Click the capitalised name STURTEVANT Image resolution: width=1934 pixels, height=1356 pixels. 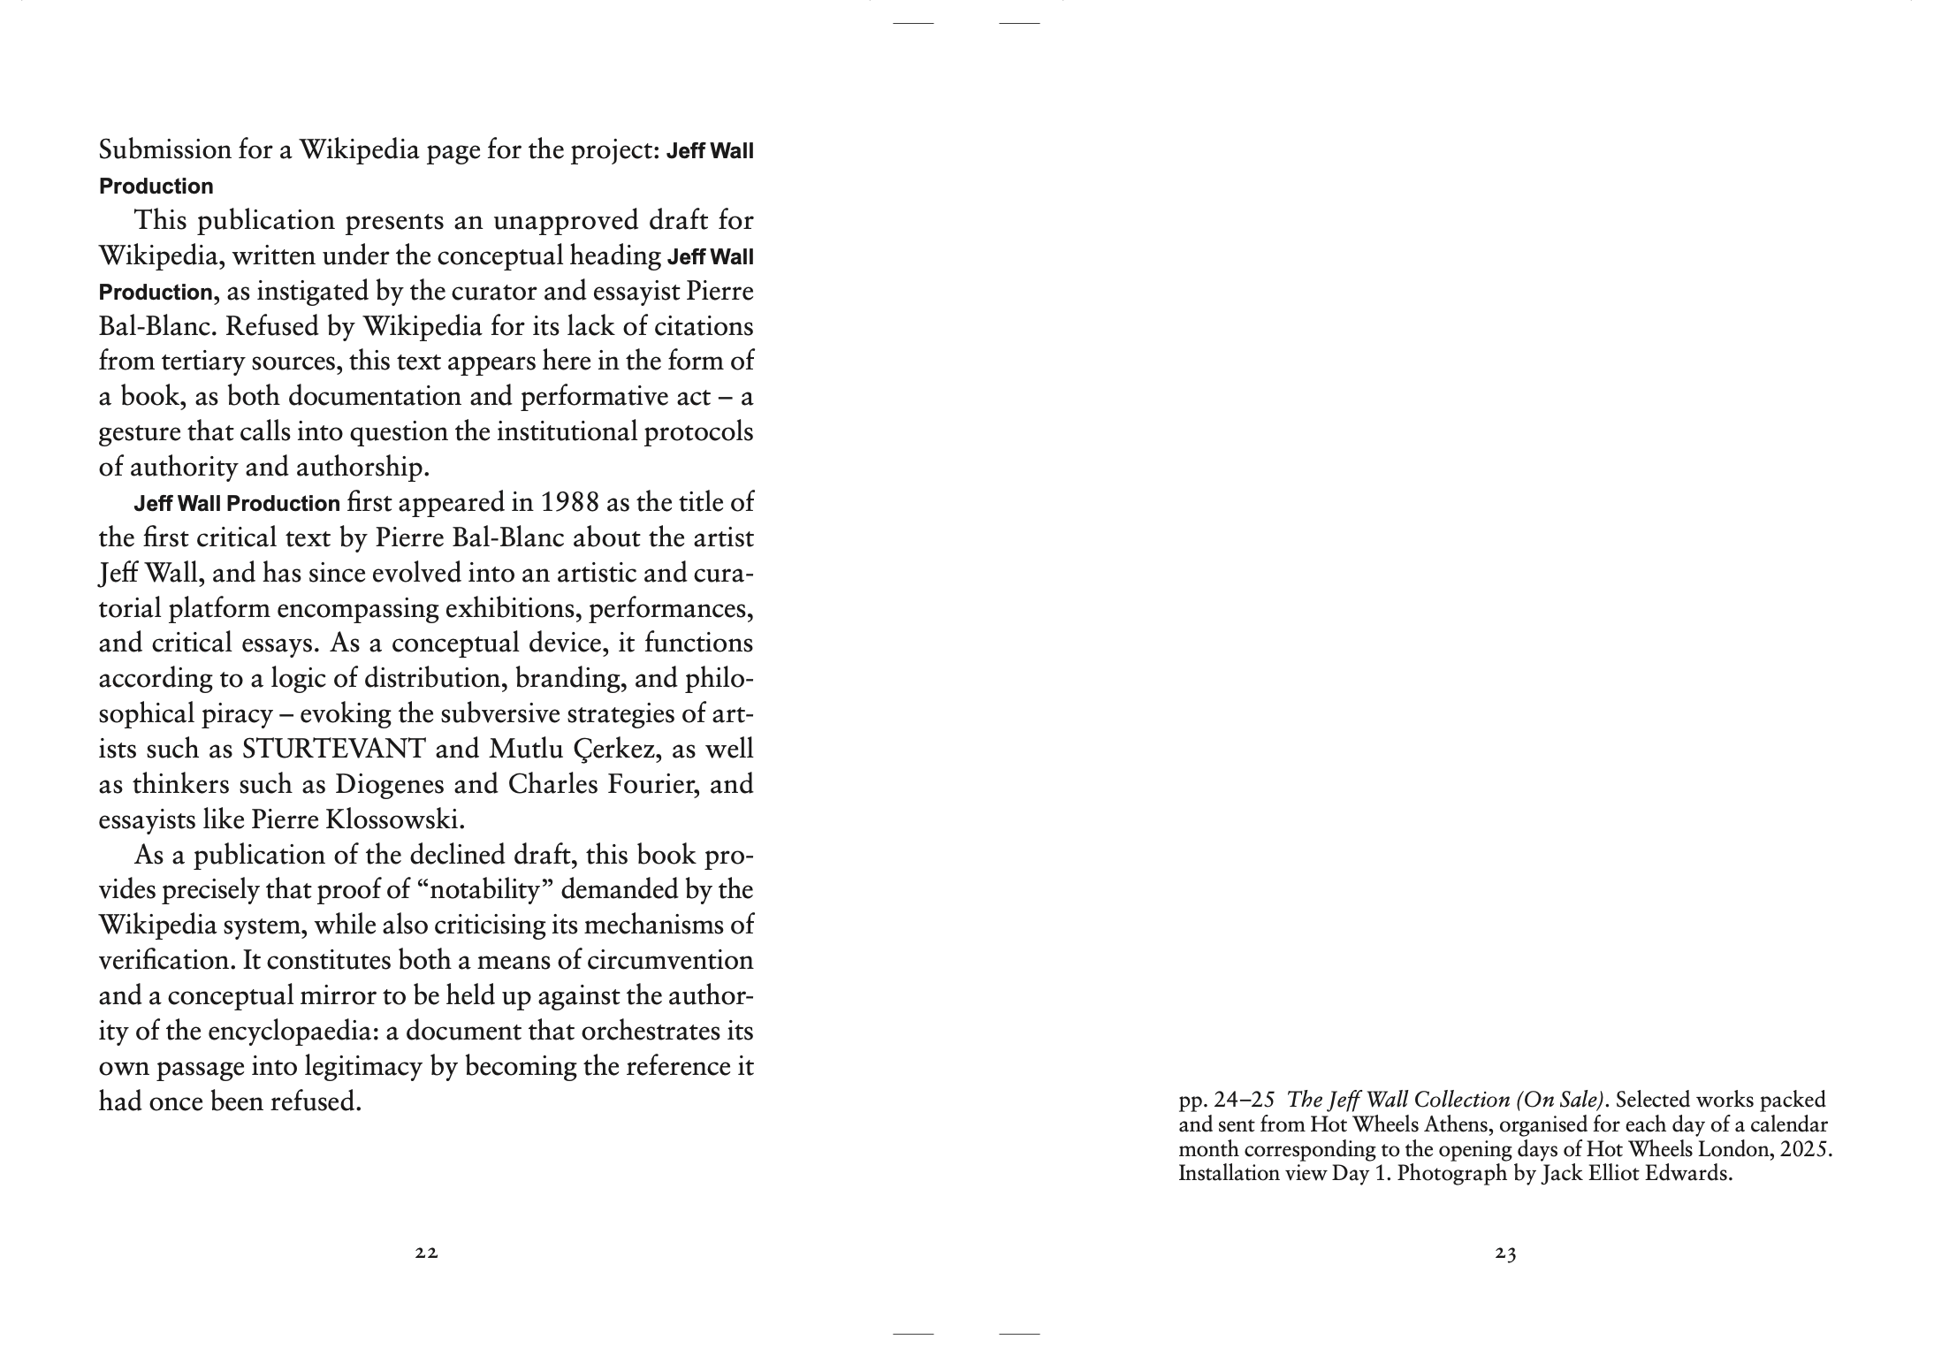pos(333,749)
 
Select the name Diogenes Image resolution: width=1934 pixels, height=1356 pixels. pos(415,784)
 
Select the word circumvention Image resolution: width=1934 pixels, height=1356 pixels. pos(669,960)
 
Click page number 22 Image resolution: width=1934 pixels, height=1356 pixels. pos(427,1253)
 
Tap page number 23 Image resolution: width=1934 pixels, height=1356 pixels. pos(1505,1253)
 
